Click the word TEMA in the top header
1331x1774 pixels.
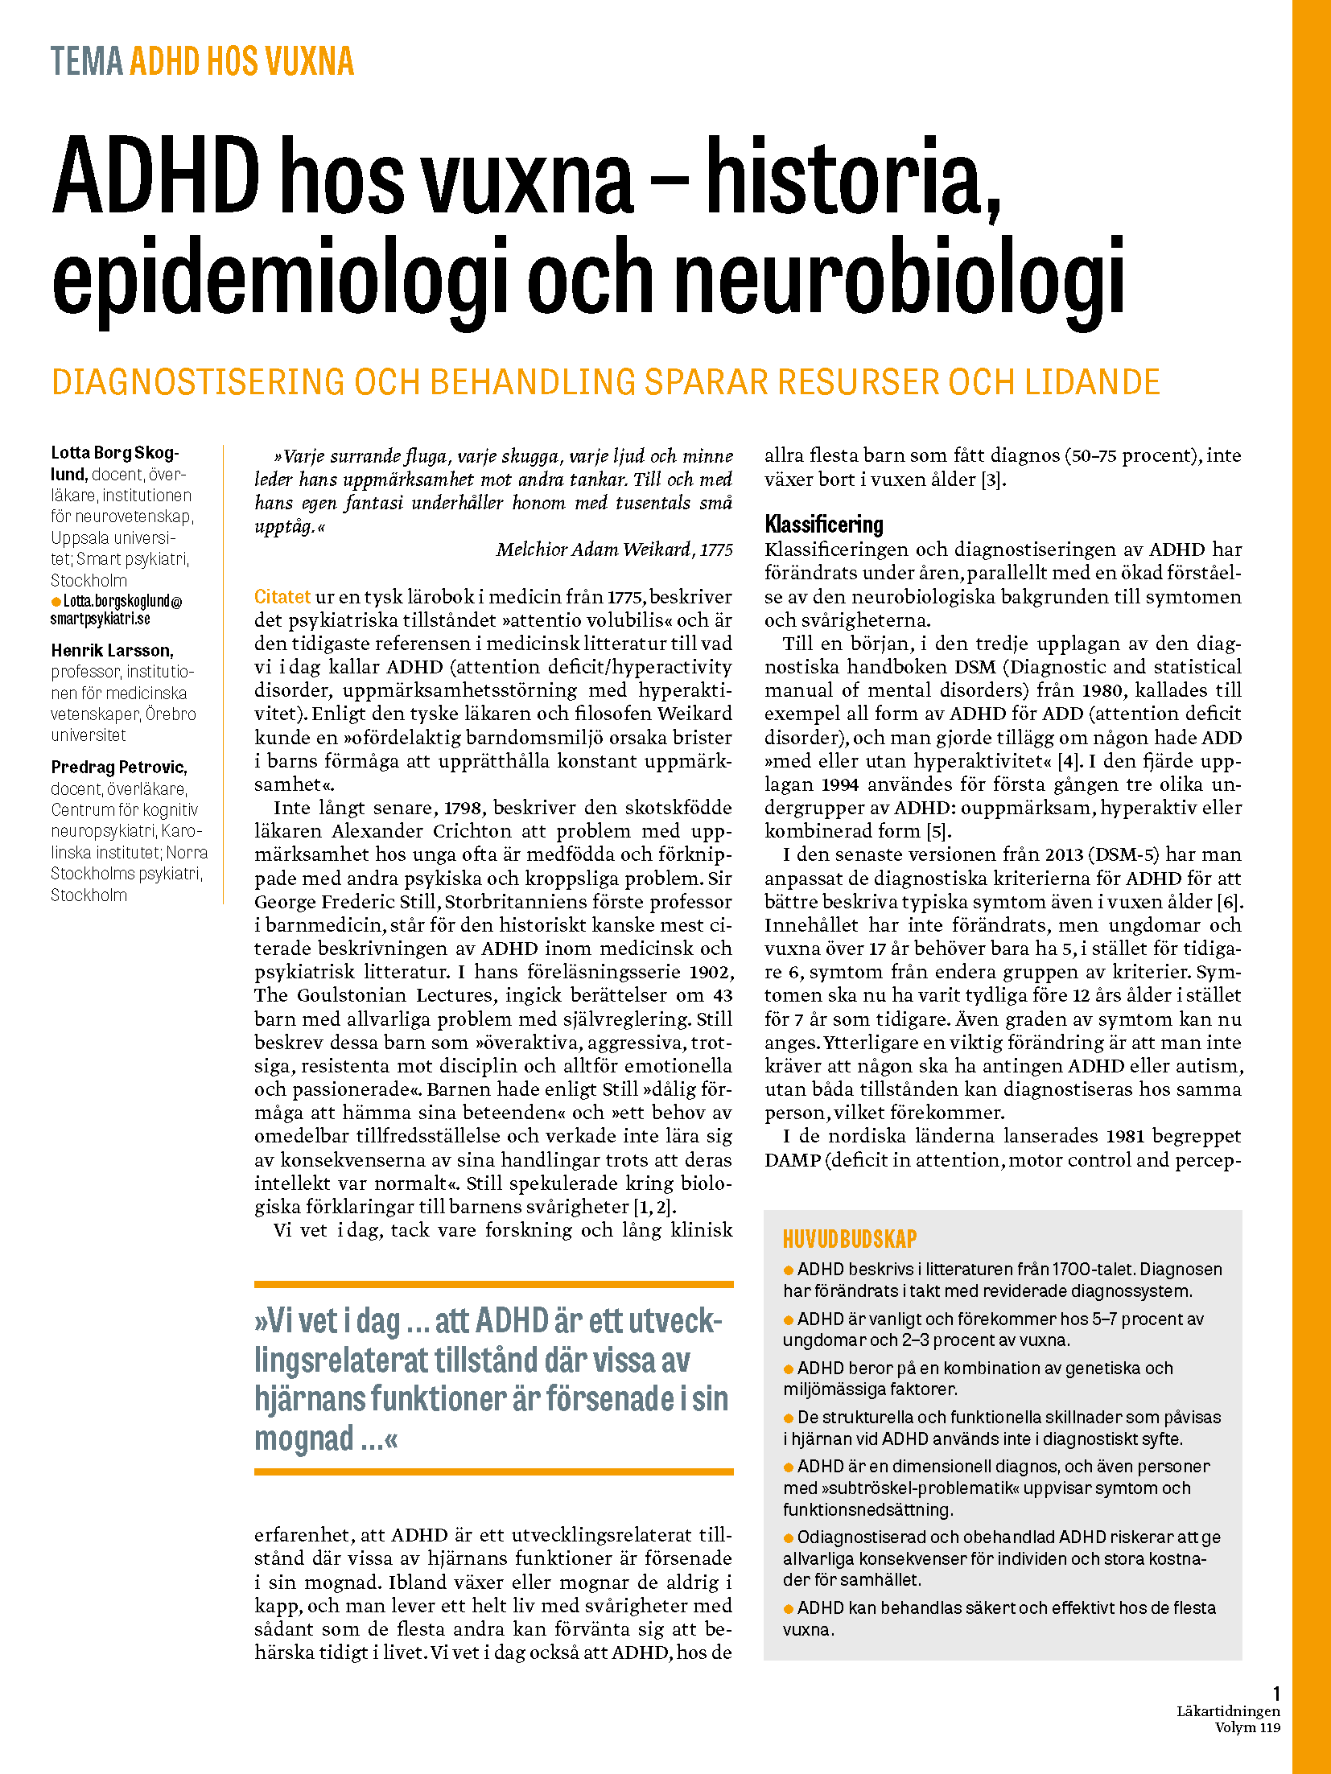(x=86, y=62)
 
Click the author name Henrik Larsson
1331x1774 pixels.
(x=112, y=650)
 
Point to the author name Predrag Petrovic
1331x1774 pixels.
(x=118, y=767)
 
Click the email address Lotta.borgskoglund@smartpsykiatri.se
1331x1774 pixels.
(x=117, y=610)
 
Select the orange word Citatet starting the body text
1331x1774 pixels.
(x=282, y=597)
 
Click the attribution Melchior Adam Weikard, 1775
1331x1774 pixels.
(x=614, y=549)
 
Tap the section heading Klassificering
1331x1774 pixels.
(x=823, y=525)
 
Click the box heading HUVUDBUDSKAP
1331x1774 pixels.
(x=850, y=1239)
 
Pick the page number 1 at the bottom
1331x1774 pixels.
(x=1275, y=1694)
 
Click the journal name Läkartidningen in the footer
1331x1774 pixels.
(x=1228, y=1711)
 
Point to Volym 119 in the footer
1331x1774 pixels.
(x=1247, y=1727)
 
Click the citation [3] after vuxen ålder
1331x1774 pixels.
(x=991, y=480)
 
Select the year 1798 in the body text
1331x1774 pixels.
(x=464, y=808)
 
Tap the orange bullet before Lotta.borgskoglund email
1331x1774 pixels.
(x=56, y=602)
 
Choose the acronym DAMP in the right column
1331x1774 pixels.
(x=792, y=1159)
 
